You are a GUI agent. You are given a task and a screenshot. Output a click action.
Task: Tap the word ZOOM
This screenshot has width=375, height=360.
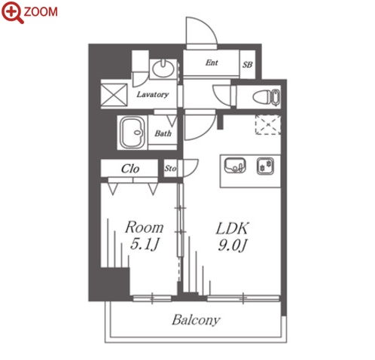[41, 11]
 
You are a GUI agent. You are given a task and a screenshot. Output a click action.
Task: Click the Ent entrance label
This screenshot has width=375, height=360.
[212, 63]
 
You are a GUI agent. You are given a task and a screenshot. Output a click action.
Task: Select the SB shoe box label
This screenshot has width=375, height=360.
[247, 65]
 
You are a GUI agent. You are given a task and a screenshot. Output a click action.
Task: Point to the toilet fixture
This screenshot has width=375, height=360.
[266, 96]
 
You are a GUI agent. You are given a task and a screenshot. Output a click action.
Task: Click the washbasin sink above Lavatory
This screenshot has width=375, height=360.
[163, 69]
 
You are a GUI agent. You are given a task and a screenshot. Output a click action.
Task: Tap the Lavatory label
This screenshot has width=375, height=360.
[152, 94]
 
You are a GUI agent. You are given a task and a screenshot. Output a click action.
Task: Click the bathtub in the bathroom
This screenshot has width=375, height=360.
[133, 133]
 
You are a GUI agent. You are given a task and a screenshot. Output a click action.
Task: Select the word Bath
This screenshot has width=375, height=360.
[163, 133]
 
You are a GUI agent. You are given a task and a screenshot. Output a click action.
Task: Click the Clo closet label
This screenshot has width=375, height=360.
[130, 169]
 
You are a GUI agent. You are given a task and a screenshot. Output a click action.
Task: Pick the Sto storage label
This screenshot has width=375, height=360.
[170, 168]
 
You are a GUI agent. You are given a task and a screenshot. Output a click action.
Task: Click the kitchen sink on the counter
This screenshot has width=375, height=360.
[235, 165]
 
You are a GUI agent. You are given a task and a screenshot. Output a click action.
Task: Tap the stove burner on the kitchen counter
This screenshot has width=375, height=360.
[265, 166]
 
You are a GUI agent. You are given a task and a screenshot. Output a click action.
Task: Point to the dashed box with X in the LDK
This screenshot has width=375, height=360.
[268, 125]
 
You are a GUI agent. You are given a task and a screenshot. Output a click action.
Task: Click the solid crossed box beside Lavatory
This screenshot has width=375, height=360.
[114, 95]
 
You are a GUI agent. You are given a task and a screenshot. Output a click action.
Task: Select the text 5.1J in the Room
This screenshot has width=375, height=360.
[145, 244]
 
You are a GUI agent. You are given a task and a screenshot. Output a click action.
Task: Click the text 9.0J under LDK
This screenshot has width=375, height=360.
[233, 245]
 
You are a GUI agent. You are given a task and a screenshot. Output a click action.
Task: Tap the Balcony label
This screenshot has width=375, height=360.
[196, 320]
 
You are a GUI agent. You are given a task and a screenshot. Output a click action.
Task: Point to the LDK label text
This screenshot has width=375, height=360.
[233, 228]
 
